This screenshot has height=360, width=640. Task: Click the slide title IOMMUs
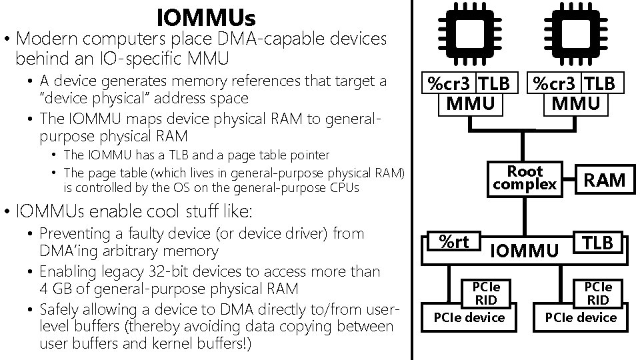pyautogui.click(x=206, y=15)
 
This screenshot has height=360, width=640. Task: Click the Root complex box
pyautogui.click(x=525, y=178)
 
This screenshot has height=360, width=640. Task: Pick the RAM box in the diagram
pyautogui.click(x=605, y=179)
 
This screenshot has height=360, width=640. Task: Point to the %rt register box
pyautogui.click(x=454, y=242)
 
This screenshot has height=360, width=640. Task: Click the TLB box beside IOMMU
pyautogui.click(x=598, y=243)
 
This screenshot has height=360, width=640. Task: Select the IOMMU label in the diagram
pyautogui.click(x=524, y=251)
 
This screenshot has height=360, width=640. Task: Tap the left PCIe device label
pyautogui.click(x=469, y=317)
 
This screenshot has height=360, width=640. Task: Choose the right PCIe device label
pyautogui.click(x=581, y=317)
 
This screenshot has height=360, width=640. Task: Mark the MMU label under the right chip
pyautogui.click(x=575, y=103)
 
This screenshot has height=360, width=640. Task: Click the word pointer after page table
pyautogui.click(x=308, y=155)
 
